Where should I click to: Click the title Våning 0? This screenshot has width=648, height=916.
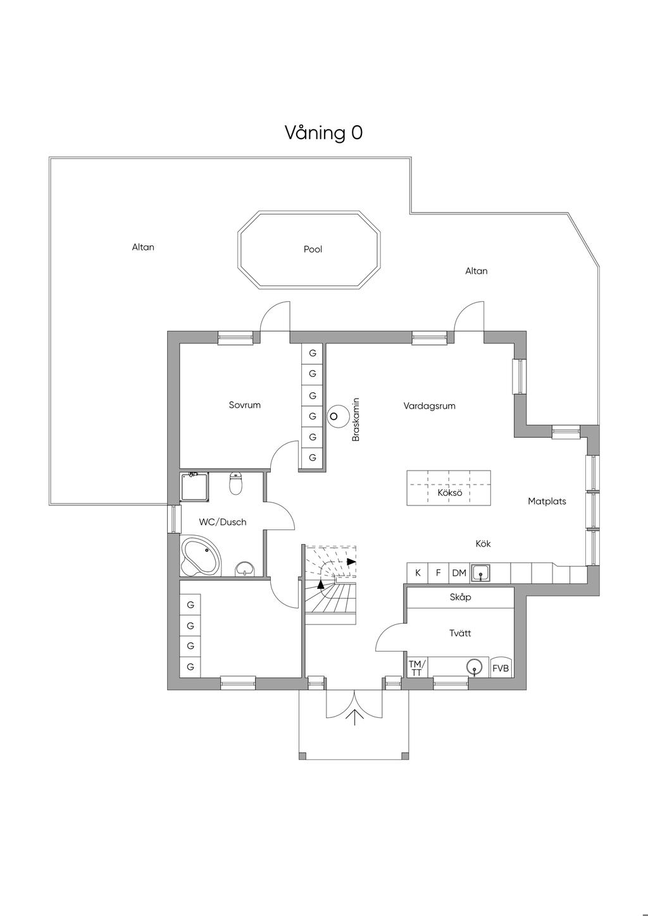(323, 133)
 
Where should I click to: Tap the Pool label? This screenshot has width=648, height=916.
(313, 249)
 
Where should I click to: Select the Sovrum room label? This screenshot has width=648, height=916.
(245, 405)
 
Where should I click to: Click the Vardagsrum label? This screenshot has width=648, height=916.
(429, 406)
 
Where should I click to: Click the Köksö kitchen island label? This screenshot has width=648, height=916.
(449, 493)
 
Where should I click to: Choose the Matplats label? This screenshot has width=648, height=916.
(547, 502)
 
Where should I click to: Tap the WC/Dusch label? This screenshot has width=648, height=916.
(223, 522)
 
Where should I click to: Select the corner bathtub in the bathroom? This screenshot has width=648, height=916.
(201, 556)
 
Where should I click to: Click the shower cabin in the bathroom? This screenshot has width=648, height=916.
(195, 487)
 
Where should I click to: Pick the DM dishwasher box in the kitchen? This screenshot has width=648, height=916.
(459, 573)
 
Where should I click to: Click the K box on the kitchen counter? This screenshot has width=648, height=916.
(418, 573)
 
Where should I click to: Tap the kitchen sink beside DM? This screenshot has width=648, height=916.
(480, 573)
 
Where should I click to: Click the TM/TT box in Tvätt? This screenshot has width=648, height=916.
(417, 667)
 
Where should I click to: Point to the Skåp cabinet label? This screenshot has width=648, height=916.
(460, 597)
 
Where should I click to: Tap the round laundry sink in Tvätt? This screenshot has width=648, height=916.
(474, 667)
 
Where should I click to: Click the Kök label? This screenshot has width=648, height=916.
(483, 544)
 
